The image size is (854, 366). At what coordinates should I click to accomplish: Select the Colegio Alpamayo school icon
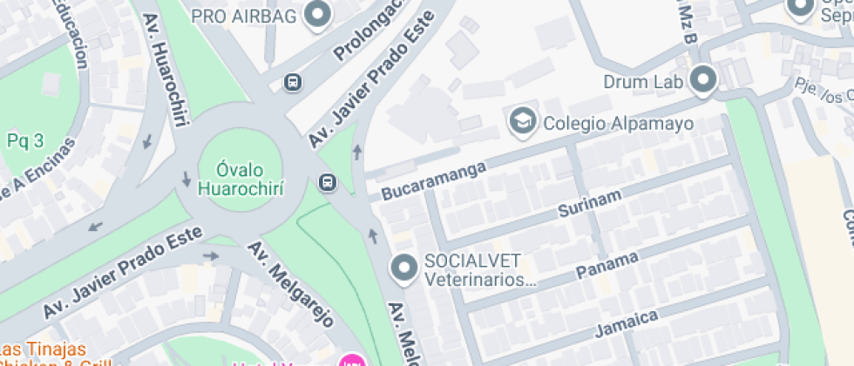523,122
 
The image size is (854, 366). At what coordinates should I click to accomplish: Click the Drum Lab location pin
702,80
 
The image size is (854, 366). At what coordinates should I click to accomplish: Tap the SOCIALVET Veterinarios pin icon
404,268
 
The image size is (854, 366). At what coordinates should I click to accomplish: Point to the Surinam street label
590,206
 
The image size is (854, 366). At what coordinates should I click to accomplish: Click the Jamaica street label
627,322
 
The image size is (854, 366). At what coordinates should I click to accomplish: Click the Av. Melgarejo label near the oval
290,284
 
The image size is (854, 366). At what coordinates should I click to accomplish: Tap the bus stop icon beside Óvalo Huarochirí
328,182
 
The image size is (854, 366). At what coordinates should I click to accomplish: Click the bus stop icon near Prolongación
293,83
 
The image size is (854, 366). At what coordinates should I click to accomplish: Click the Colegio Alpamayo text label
618,123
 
